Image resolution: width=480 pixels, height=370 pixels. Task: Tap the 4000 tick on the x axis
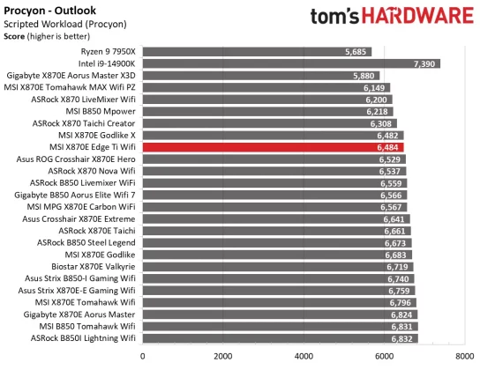tap(304, 357)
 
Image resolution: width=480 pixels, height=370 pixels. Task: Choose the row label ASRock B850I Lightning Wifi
tap(86, 337)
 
